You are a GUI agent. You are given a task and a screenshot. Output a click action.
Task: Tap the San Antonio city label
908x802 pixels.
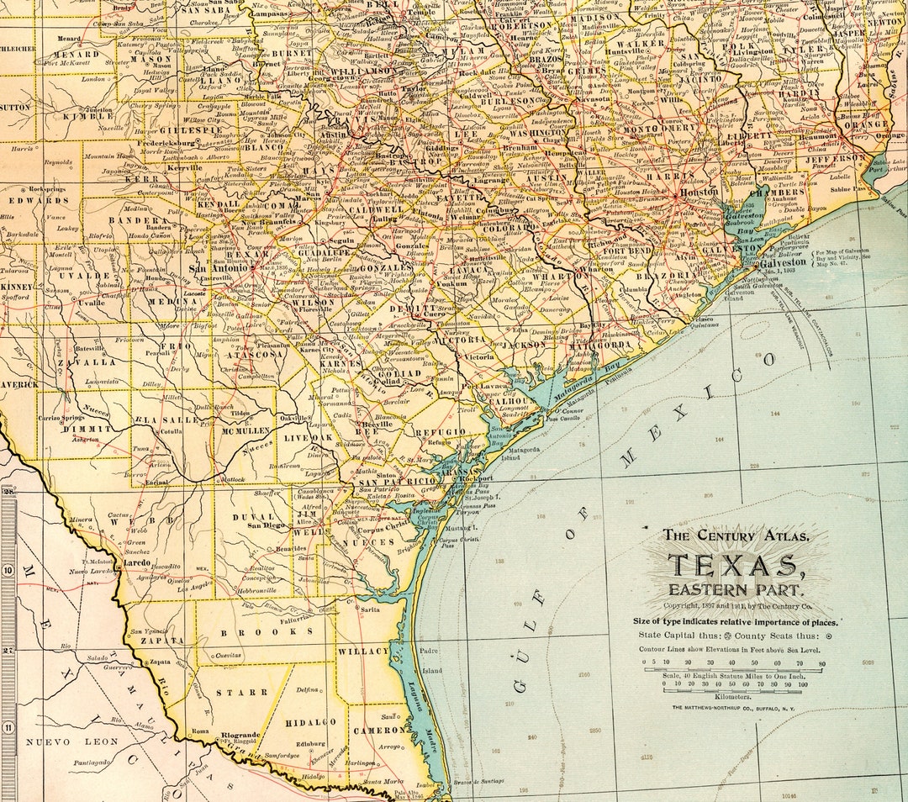(208, 269)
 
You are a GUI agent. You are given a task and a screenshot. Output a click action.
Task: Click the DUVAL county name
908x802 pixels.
(254, 517)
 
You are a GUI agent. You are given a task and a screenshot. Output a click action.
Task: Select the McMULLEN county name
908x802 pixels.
(245, 430)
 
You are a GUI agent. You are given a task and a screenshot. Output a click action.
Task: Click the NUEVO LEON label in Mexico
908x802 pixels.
(59, 742)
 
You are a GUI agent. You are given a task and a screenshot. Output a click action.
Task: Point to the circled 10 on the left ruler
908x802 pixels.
(8, 570)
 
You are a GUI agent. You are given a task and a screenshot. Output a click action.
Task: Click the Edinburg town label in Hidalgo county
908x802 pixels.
(310, 743)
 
